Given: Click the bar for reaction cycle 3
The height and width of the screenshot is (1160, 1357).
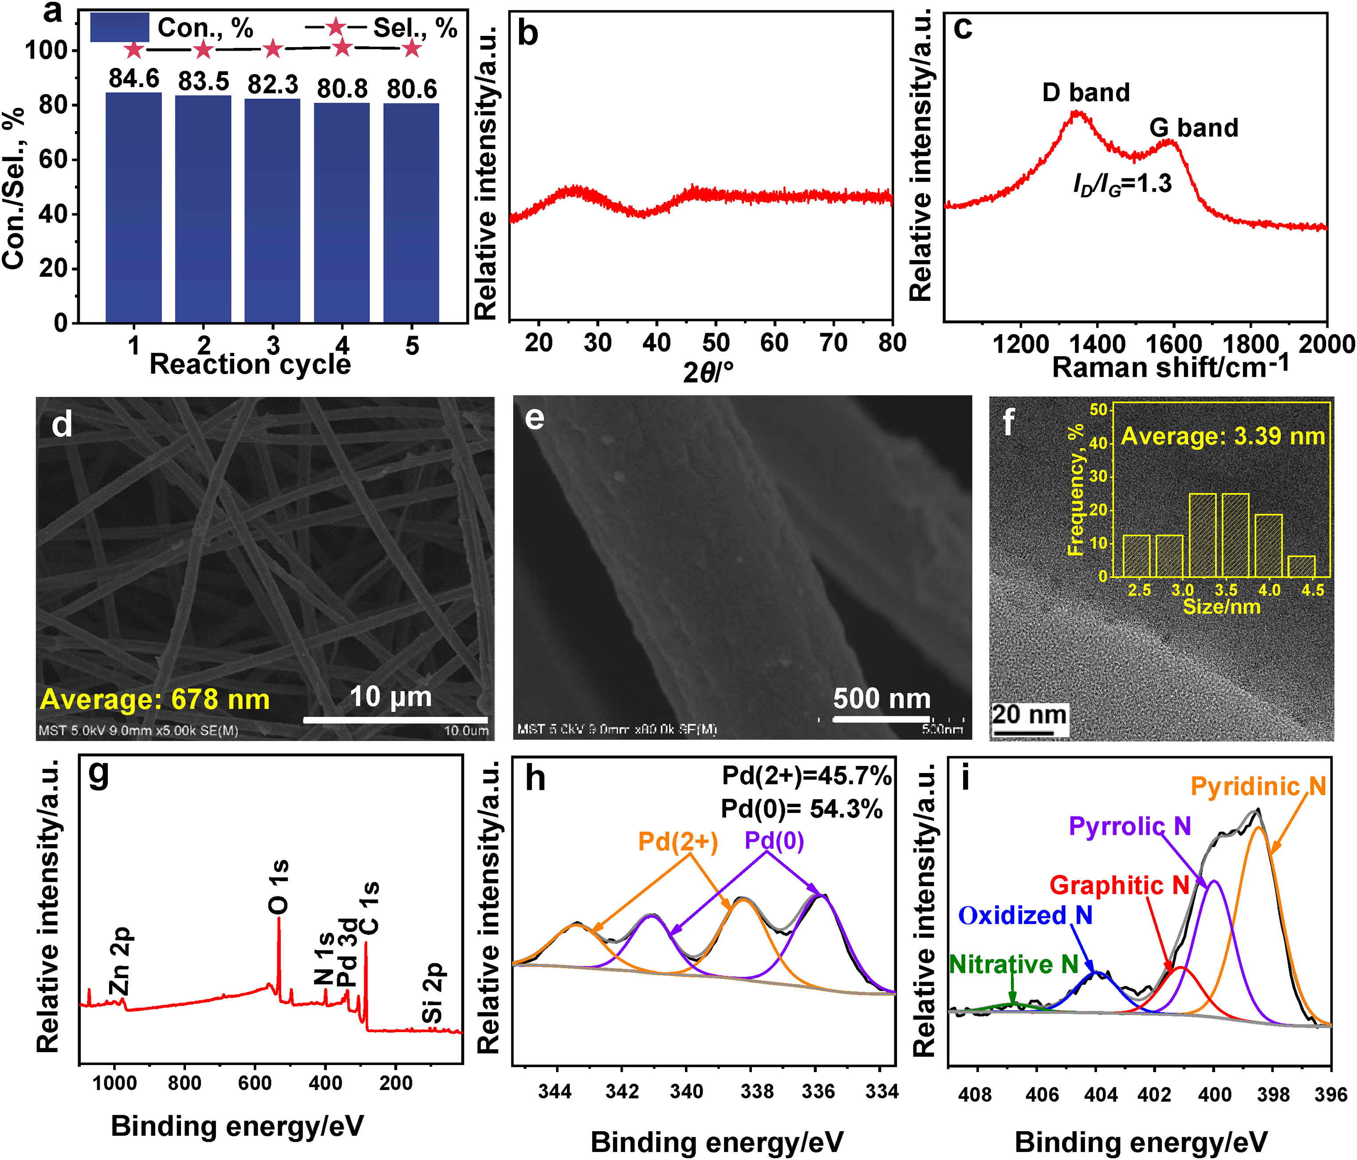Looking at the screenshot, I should click(x=272, y=209).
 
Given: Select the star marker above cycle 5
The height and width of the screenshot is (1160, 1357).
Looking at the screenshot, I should click(x=411, y=48).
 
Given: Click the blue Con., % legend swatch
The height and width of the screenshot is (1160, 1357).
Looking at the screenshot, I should click(x=119, y=28).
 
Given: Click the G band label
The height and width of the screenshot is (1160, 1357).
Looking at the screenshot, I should click(x=1193, y=128).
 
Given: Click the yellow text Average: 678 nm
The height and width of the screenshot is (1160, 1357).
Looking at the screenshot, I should click(x=155, y=699).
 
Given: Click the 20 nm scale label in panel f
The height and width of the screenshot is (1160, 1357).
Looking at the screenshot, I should click(x=1029, y=714).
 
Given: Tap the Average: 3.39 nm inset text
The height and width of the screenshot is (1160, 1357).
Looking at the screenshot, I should click(x=1223, y=436).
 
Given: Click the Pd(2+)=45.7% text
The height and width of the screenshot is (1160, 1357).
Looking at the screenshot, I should click(x=806, y=776).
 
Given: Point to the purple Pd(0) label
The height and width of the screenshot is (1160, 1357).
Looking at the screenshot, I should click(x=774, y=840).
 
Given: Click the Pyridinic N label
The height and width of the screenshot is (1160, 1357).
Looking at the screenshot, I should click(x=1258, y=786).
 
